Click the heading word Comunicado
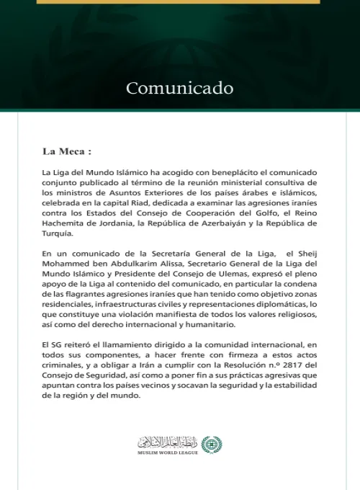pyautogui.click(x=179, y=89)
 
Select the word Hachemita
pyautogui.click(x=63, y=224)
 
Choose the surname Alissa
pyautogui.click(x=161, y=264)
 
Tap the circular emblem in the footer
pyautogui.click(x=211, y=443)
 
